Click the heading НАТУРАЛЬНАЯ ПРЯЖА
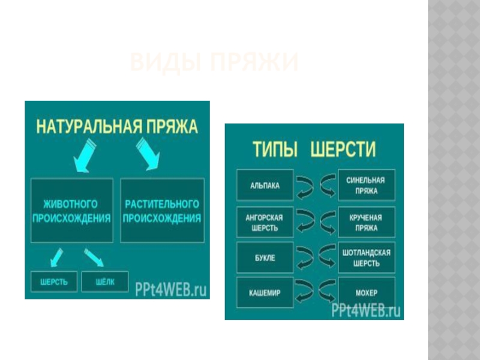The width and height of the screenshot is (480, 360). tap(117, 127)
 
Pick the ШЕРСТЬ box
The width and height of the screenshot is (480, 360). tap(53, 282)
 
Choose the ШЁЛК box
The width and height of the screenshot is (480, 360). tap(104, 282)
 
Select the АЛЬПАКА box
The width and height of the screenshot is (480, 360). tap(265, 185)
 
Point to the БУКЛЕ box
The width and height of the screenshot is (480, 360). tap(265, 258)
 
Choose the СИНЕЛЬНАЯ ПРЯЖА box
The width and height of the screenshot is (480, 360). tap(367, 185)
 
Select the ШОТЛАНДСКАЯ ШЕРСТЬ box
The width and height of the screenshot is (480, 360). tap(367, 258)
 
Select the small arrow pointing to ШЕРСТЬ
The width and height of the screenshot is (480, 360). tap(56, 256)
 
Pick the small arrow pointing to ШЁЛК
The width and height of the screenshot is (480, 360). tap(94, 256)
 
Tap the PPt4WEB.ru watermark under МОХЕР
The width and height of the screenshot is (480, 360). tap(366, 311)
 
